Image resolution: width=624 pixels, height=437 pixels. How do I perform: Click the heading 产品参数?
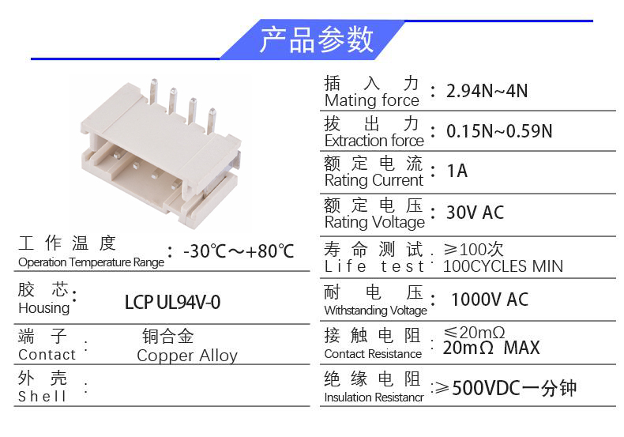pos(316,40)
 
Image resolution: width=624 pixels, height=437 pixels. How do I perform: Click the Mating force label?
pos(371,101)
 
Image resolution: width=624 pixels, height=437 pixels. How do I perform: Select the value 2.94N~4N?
pos(487,91)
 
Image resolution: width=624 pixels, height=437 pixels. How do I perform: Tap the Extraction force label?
pos(374,141)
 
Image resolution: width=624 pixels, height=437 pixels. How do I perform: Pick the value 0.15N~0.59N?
pos(499,130)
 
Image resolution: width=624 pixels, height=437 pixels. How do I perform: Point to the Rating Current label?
pos(374,180)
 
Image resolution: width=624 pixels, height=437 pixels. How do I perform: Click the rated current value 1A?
pos(457,171)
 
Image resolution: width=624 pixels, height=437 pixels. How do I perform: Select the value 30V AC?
pos(475,213)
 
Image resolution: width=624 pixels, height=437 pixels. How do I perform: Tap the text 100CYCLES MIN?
pos(503,266)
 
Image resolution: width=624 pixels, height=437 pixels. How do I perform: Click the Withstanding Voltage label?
pos(375,311)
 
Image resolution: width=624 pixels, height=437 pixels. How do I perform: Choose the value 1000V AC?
pos(489,299)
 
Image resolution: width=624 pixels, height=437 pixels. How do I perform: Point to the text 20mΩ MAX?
pos(491,348)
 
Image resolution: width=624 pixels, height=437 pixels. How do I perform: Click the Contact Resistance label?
pos(373,354)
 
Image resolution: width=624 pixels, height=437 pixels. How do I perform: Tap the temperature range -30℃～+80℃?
pos(239,251)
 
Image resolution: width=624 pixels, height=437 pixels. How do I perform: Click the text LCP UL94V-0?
pos(172,303)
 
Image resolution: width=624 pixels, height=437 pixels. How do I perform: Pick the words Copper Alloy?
pos(187,356)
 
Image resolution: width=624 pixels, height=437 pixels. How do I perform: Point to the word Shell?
pos(43,397)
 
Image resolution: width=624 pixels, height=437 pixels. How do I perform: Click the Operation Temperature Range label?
pos(91,262)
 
